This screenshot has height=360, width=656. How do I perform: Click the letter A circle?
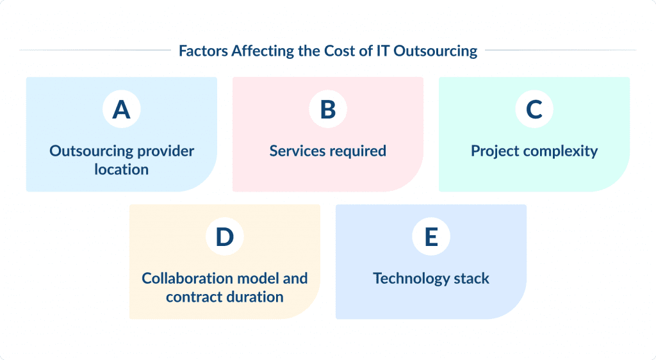121,110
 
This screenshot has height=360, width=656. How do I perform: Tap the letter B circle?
327,110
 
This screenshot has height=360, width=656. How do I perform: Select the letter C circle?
534,110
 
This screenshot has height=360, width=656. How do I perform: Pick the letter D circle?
224,237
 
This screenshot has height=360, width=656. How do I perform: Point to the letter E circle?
430,237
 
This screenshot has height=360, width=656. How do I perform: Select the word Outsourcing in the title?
435,51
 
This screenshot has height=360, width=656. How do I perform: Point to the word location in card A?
121,170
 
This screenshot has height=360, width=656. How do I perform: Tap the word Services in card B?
295,151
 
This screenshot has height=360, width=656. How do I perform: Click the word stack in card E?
470,279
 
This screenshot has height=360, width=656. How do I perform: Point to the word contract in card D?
193,297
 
